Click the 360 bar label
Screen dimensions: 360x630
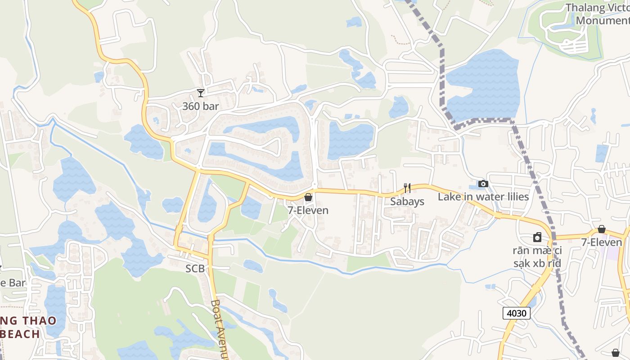[x=200, y=106]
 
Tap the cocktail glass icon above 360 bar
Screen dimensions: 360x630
[x=201, y=93]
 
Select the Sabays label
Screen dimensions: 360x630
[x=407, y=201]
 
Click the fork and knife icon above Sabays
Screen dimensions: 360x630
[x=407, y=188]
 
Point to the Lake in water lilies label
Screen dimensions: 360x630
[x=483, y=197]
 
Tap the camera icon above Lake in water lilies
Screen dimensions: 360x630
[x=483, y=184]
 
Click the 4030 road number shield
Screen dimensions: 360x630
[x=517, y=313]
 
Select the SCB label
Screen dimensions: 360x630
[x=195, y=269]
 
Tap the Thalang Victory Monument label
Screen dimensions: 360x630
[x=598, y=14]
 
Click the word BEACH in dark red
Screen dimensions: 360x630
[x=20, y=334]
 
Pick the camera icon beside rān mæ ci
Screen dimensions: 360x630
[x=537, y=237]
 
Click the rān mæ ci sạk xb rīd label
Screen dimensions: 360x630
[x=537, y=256]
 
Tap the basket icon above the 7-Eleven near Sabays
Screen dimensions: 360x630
[x=308, y=197]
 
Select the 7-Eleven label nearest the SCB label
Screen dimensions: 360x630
[x=308, y=210]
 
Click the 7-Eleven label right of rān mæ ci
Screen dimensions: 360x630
[x=602, y=242]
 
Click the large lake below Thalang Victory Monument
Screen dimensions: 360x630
[x=484, y=85]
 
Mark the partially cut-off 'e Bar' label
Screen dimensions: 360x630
[x=13, y=283]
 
